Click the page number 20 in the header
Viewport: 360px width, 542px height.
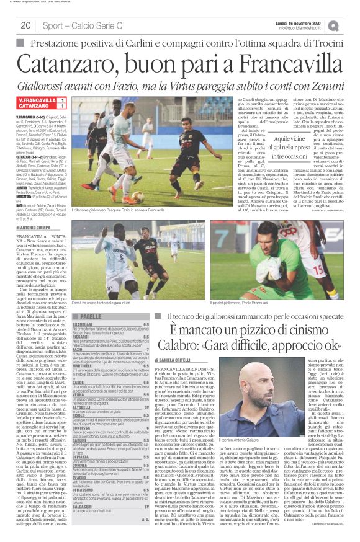click(25, 25)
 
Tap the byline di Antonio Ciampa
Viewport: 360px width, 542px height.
click(37, 228)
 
